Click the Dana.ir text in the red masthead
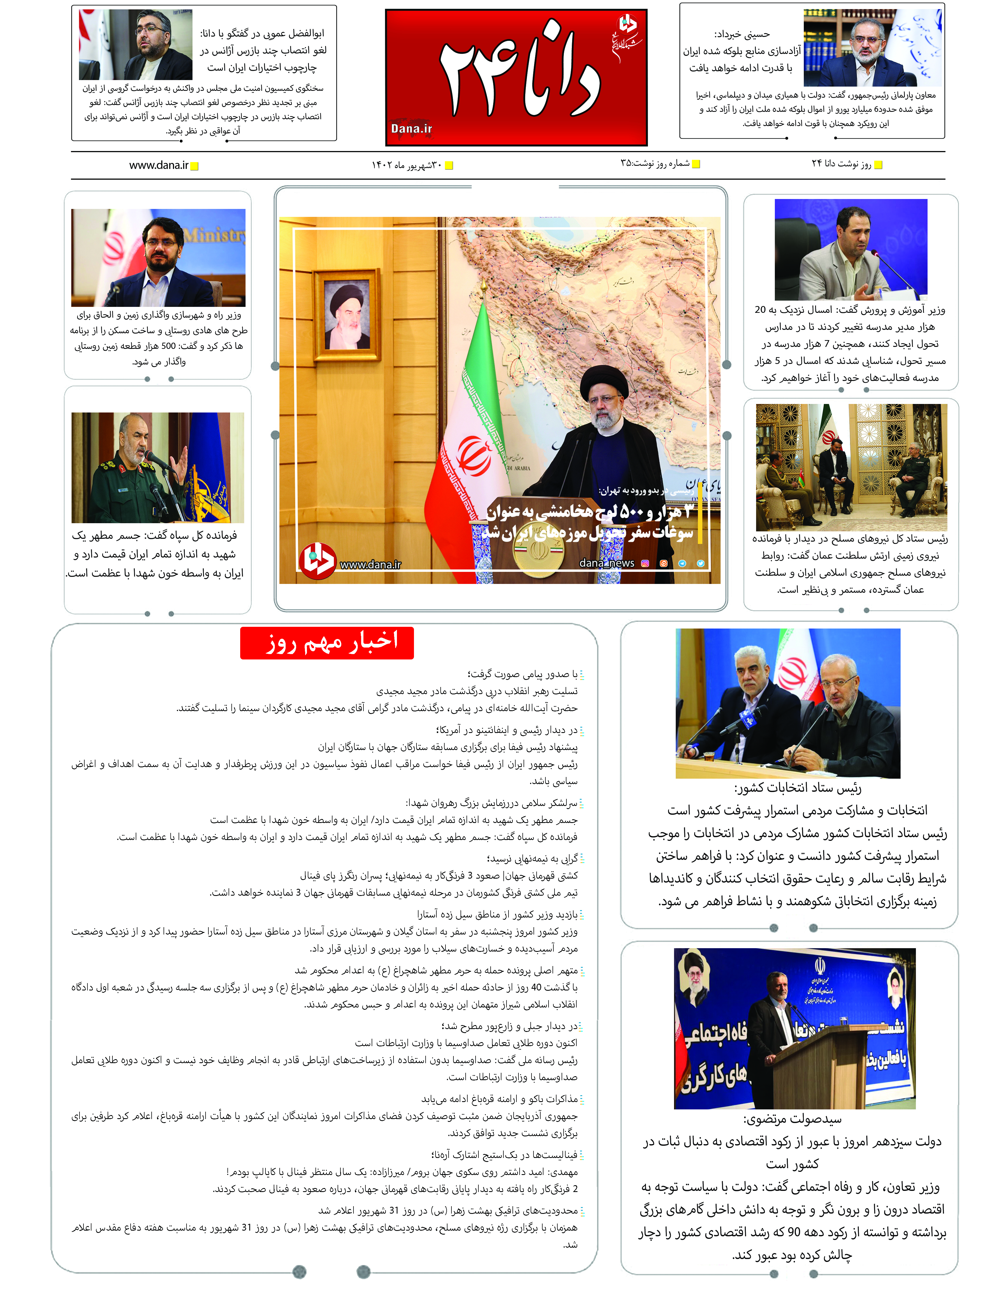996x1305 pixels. pyautogui.click(x=411, y=129)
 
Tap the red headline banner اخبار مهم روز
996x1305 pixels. pyautogui.click(x=327, y=642)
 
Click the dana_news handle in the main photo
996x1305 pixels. pyautogui.click(x=606, y=563)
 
